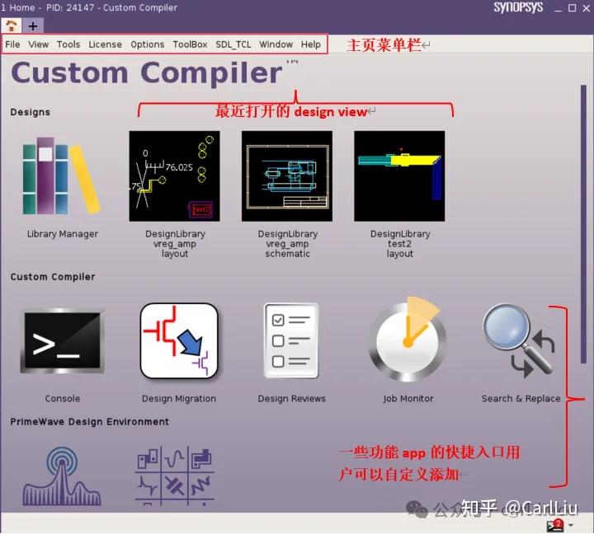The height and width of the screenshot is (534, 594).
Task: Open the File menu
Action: click(12, 44)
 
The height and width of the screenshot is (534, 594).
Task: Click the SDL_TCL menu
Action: click(233, 44)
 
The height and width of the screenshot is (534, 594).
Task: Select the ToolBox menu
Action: click(190, 44)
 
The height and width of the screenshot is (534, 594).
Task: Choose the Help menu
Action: click(311, 44)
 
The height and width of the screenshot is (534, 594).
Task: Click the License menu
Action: click(105, 44)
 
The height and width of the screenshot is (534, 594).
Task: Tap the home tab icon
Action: click(11, 26)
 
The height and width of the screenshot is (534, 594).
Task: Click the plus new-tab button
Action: click(33, 26)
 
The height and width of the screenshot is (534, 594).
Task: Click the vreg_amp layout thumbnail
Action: click(175, 176)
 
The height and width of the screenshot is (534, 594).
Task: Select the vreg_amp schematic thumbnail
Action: click(286, 176)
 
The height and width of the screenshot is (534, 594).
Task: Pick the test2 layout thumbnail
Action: click(399, 176)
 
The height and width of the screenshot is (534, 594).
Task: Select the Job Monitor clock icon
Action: click(408, 340)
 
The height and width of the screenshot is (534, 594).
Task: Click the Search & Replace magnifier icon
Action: click(520, 340)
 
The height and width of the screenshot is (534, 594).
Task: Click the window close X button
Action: click(585, 8)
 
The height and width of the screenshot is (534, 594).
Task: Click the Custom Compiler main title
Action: click(146, 73)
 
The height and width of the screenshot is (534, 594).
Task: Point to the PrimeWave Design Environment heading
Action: click(90, 422)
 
